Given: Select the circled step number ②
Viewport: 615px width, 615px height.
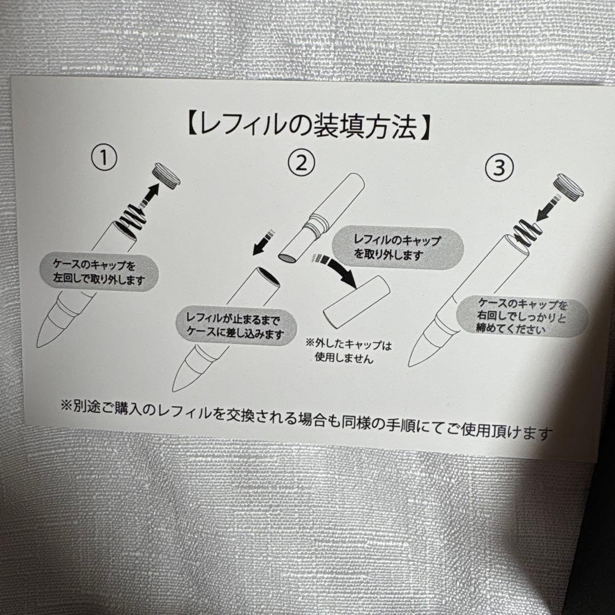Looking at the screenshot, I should coord(301,165).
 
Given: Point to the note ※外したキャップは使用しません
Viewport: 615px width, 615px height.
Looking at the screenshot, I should coord(349,351).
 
